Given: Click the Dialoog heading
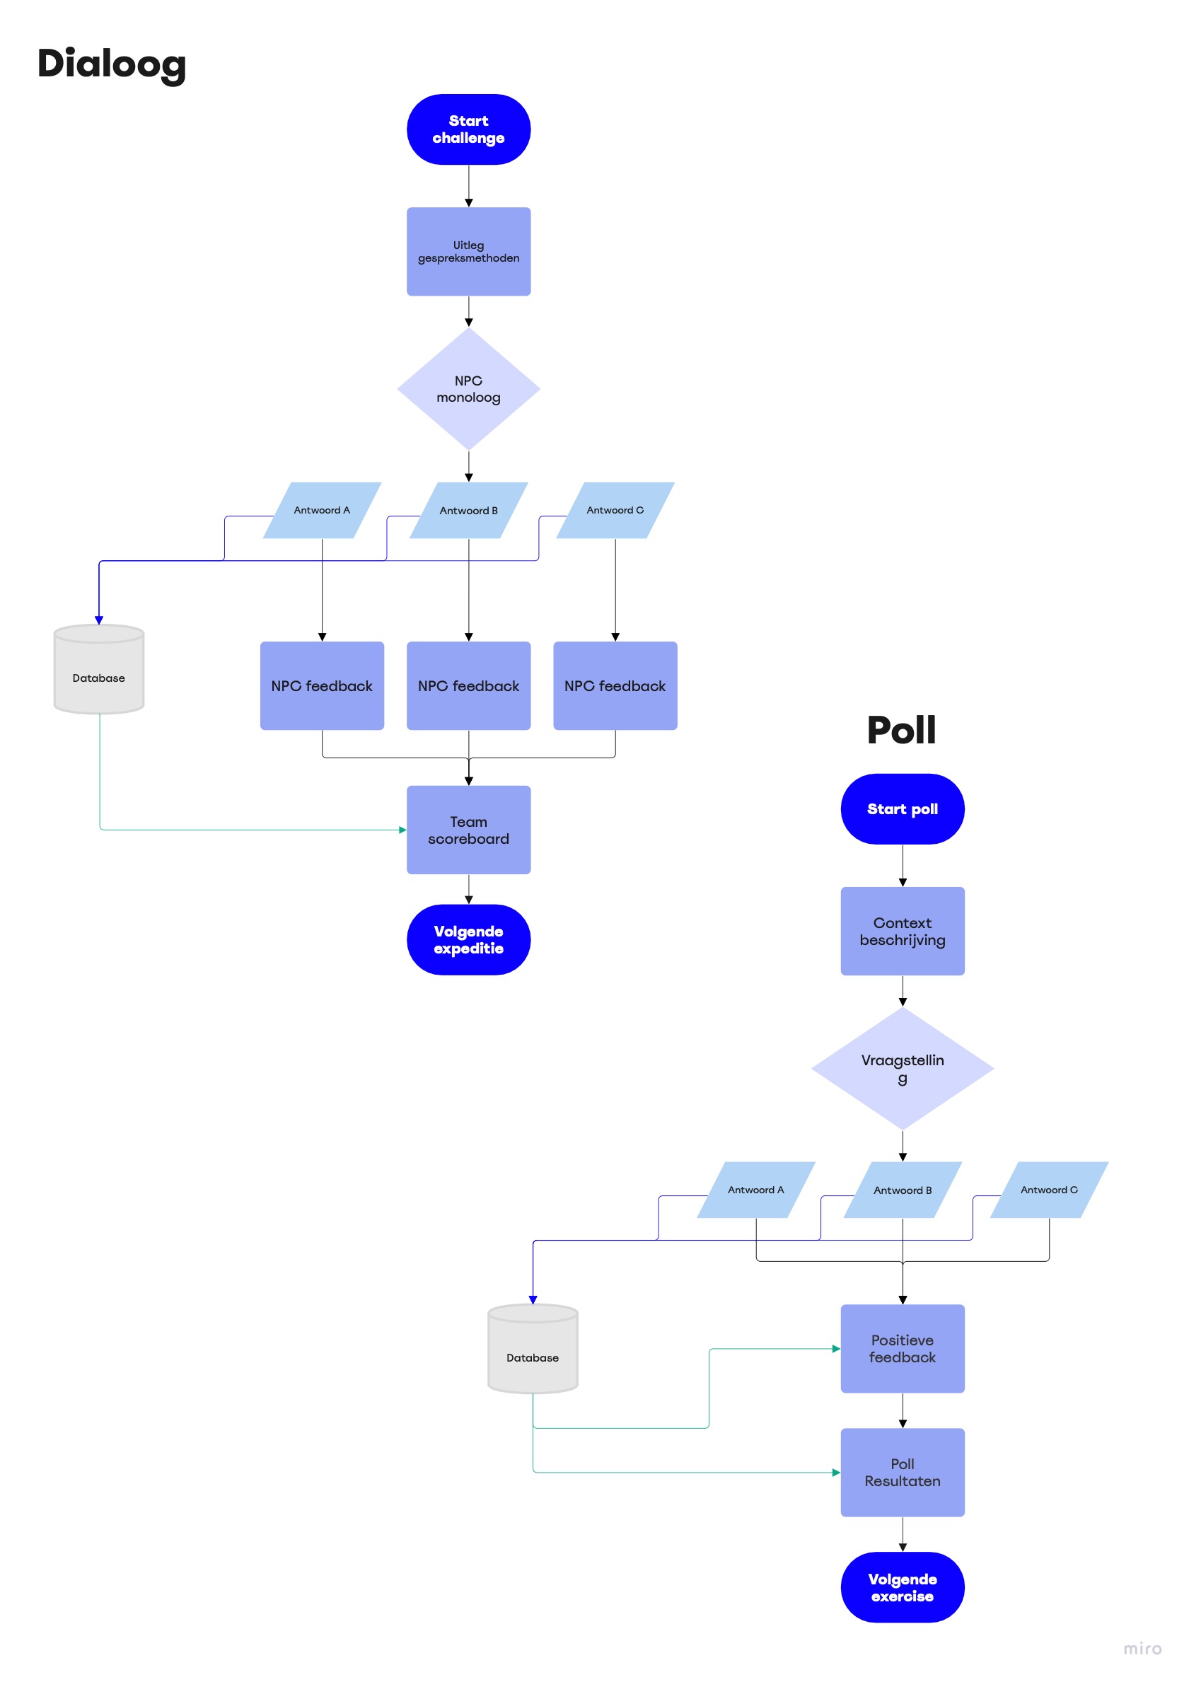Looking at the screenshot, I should click(111, 64).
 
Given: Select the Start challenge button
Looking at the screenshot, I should click(468, 129).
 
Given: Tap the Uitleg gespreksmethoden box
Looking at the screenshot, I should click(468, 251).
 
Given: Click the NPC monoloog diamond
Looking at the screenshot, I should click(468, 388).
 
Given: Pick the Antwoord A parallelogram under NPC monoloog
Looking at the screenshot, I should click(322, 510).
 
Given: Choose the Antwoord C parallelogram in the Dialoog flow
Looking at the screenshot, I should click(615, 510).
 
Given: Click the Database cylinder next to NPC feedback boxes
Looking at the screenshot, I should click(99, 670).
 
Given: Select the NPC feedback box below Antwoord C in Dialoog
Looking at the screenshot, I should click(615, 685).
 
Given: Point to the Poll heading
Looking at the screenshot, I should click(901, 730).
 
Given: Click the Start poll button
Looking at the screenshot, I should click(902, 808).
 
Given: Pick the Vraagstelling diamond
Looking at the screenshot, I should click(902, 1068).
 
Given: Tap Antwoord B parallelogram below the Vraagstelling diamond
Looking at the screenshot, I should click(902, 1190).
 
